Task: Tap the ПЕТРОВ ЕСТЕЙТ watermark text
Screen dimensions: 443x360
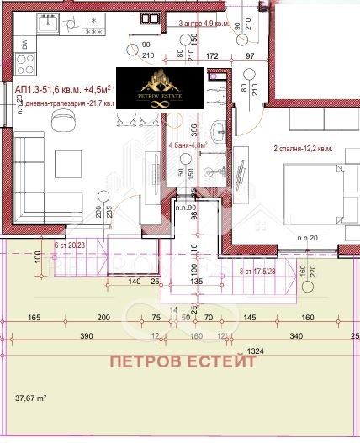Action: tap(181, 363)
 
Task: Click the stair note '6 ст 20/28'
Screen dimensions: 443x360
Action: tap(70, 245)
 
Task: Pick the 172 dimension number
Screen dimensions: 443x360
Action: tap(213, 56)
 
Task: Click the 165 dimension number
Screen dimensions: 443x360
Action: tap(34, 319)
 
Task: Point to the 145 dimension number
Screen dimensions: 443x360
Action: tap(250, 319)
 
